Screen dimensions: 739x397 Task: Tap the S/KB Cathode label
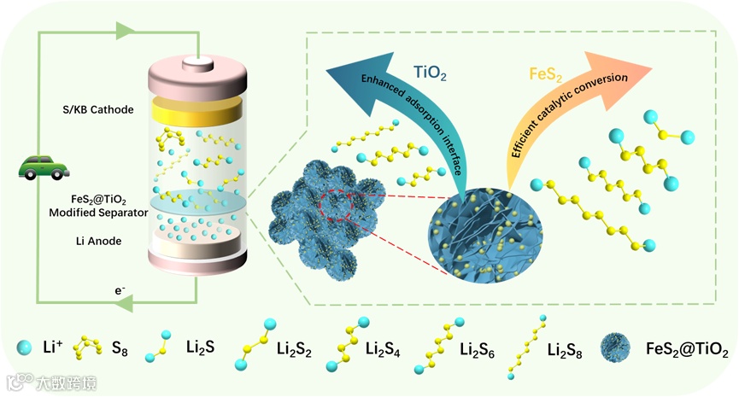click(x=105, y=110)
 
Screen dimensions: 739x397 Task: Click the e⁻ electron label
click(x=121, y=291)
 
